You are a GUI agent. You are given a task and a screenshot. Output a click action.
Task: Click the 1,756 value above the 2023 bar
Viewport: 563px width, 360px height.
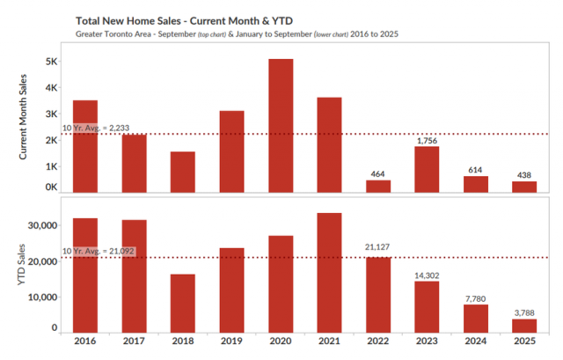click(x=426, y=140)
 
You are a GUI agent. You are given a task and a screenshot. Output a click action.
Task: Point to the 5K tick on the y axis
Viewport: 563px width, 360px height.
click(x=51, y=62)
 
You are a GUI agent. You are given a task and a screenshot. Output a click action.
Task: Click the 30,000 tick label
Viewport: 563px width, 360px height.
click(x=42, y=225)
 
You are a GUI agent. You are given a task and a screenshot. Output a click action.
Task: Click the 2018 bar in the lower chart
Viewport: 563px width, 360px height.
click(x=183, y=304)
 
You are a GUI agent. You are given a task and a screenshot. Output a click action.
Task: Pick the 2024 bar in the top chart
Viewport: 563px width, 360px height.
click(x=475, y=185)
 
